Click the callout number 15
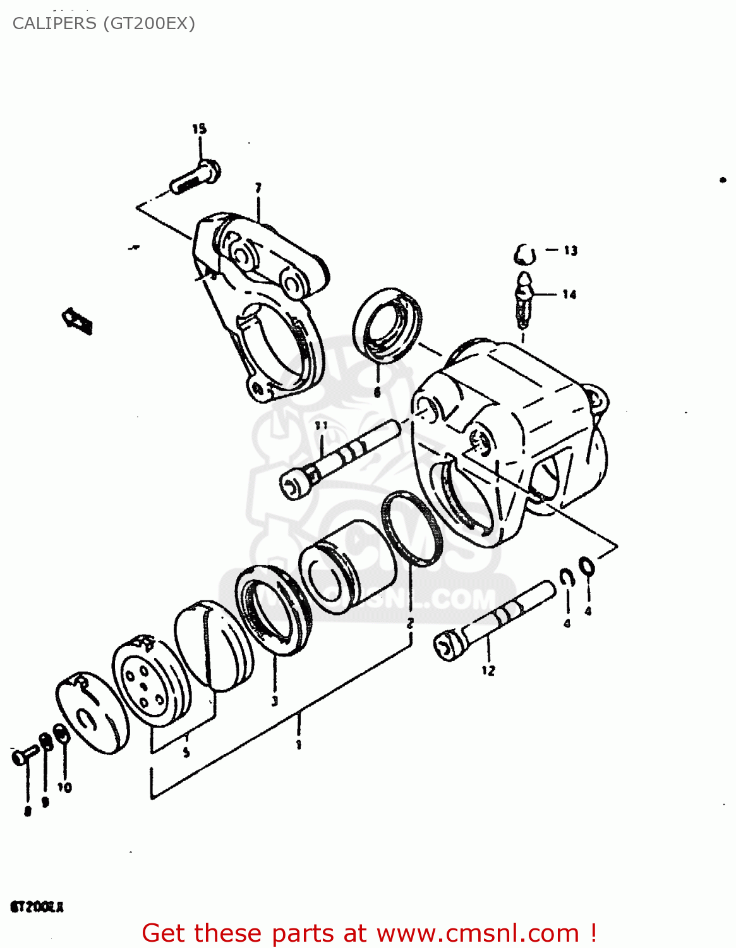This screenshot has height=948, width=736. pyautogui.click(x=199, y=129)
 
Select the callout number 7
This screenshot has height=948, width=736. pyautogui.click(x=258, y=188)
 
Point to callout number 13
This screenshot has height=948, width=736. pyautogui.click(x=570, y=251)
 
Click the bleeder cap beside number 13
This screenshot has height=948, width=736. pyautogui.click(x=524, y=255)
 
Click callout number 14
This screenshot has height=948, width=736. pyautogui.click(x=569, y=295)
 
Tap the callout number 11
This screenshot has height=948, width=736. pyautogui.click(x=322, y=425)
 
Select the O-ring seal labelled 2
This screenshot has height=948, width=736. pyautogui.click(x=411, y=528)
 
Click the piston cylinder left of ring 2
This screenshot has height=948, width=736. pyautogui.click(x=347, y=566)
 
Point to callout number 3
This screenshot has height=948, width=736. pyautogui.click(x=274, y=700)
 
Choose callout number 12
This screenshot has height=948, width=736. pyautogui.click(x=488, y=671)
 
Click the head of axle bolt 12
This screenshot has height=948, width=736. pyautogui.click(x=448, y=647)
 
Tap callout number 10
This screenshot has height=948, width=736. pyautogui.click(x=64, y=787)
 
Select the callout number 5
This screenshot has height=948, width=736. pyautogui.click(x=186, y=752)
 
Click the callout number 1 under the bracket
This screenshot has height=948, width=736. pyautogui.click(x=298, y=744)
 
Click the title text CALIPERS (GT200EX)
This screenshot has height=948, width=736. pyautogui.click(x=104, y=23)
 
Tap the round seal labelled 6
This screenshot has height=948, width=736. pyautogui.click(x=387, y=324)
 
